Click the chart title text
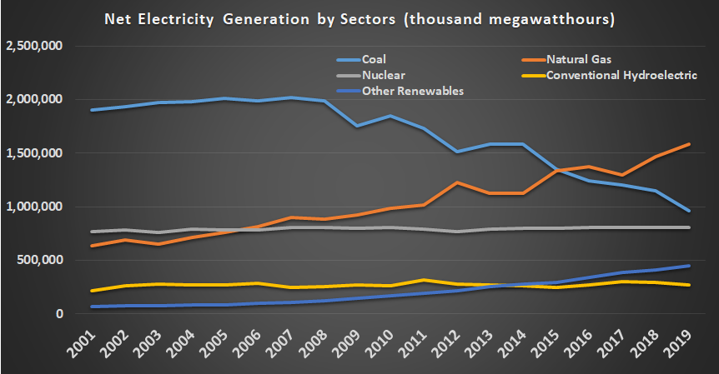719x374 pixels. point(359,17)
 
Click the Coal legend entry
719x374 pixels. point(372,59)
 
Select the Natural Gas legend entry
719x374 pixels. point(575,59)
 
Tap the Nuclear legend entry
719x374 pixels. point(380,75)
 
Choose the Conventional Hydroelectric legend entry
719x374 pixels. point(621,75)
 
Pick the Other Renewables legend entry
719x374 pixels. point(411,91)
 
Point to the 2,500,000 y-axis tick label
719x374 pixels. point(34,47)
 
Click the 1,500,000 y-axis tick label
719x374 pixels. point(34,153)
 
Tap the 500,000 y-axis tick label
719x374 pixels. point(40,261)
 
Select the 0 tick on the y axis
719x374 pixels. point(59,314)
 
